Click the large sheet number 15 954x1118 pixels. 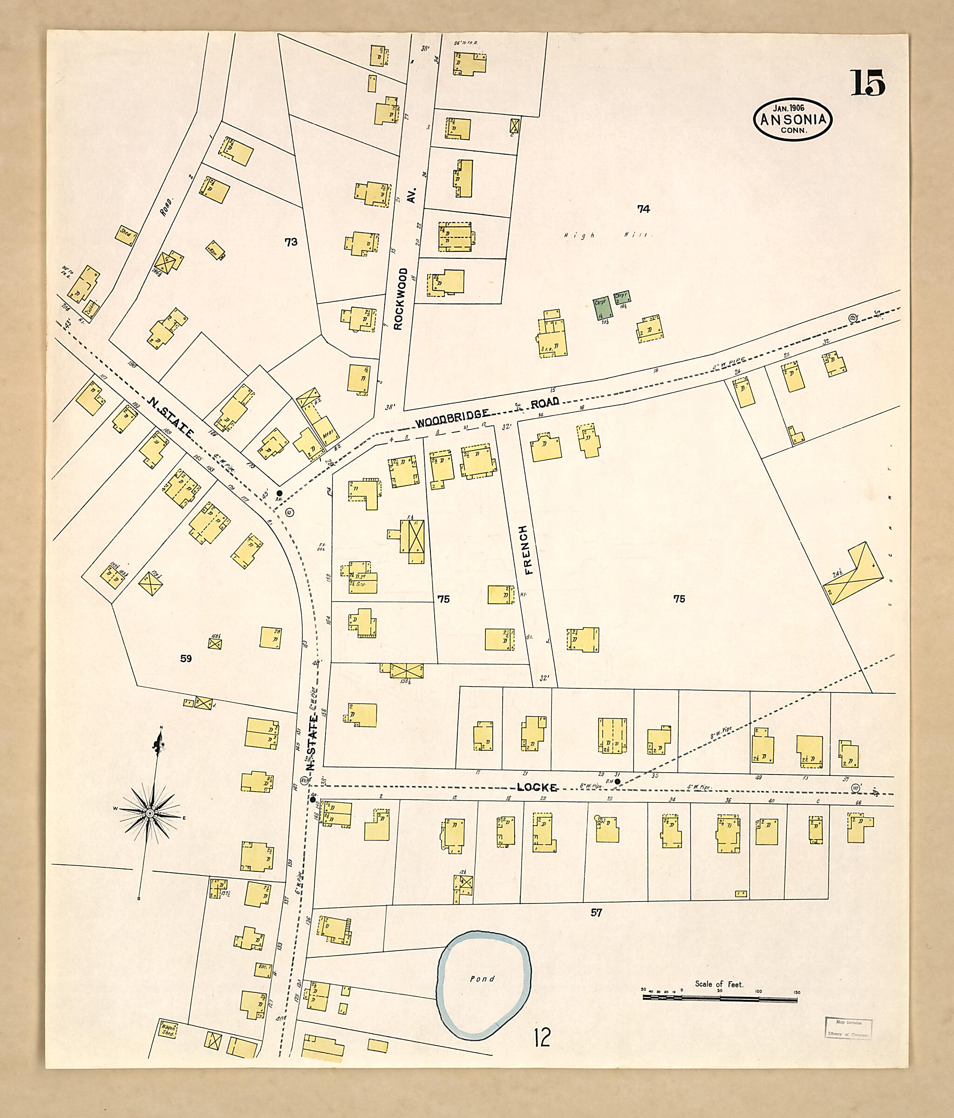click(868, 83)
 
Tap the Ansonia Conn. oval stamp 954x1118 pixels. click(792, 120)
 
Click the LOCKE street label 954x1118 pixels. click(537, 787)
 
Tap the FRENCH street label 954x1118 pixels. click(526, 550)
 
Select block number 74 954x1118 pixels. click(643, 209)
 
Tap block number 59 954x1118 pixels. click(186, 658)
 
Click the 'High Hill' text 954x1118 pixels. click(608, 235)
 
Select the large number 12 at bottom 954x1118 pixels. click(542, 1037)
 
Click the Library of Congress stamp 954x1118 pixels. click(848, 1028)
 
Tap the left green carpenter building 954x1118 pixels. click(602, 308)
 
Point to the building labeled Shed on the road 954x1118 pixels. click(126, 235)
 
